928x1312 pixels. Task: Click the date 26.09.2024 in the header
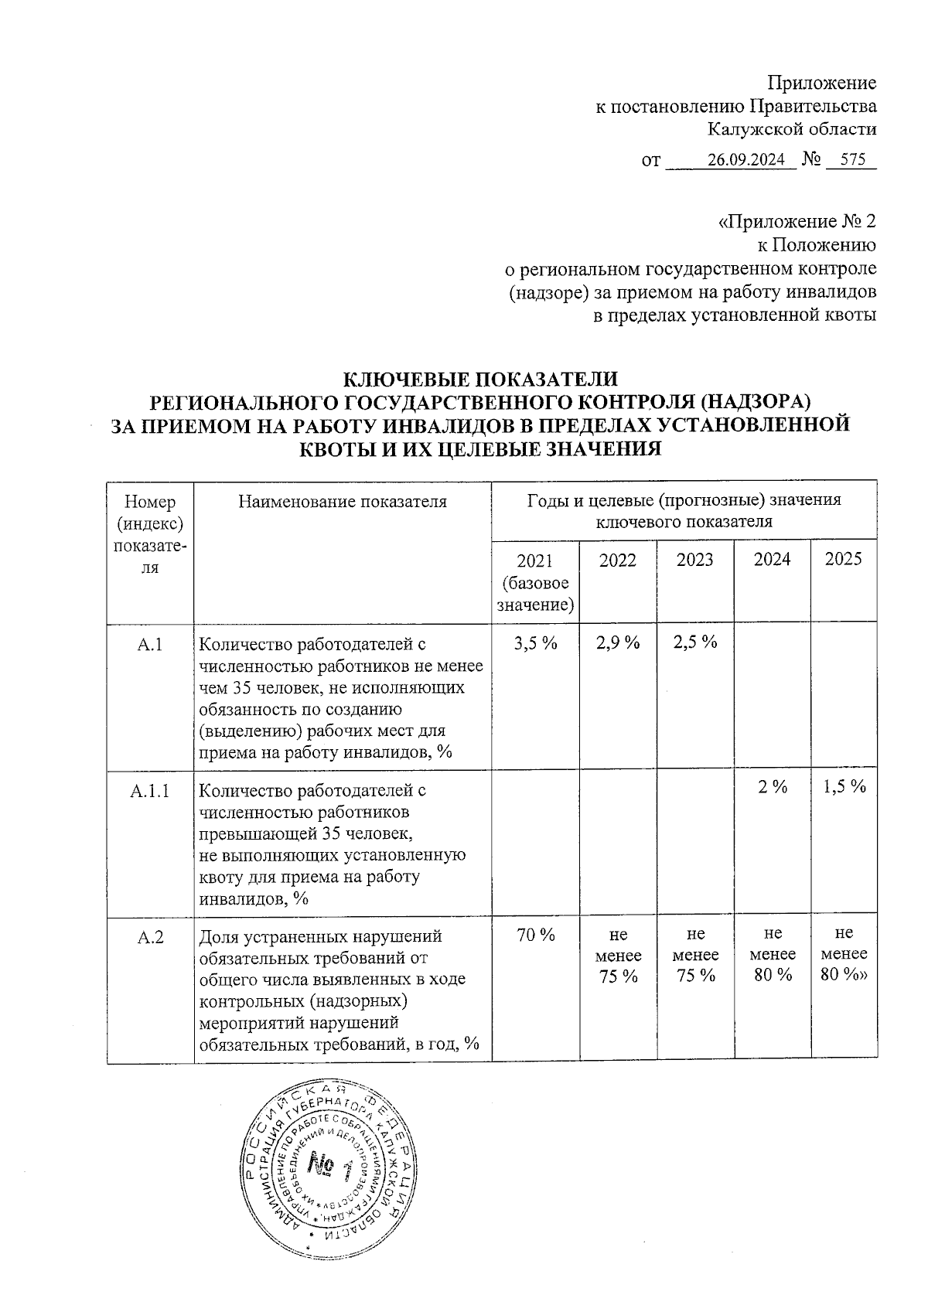pos(746,160)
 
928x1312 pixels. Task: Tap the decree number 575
pos(851,160)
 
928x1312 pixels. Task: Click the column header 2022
pos(618,560)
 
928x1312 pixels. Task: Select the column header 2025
pos(843,560)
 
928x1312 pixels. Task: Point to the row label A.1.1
pos(150,791)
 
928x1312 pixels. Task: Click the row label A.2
pos(150,937)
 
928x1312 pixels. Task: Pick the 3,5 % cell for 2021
pos(535,642)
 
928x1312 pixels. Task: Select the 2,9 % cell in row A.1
pos(618,642)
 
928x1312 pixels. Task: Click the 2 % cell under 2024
pos(772,787)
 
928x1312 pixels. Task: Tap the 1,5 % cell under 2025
pos(844,787)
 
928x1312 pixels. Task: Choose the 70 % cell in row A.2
pos(535,935)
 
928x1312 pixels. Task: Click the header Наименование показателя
pos(343,501)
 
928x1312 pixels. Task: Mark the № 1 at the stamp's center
pos(329,1165)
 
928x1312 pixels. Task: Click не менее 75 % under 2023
pos(694,955)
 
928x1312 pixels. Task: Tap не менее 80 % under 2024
pos(772,955)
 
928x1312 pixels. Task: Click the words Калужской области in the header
pos(793,129)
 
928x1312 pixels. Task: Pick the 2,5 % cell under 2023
pos(694,642)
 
